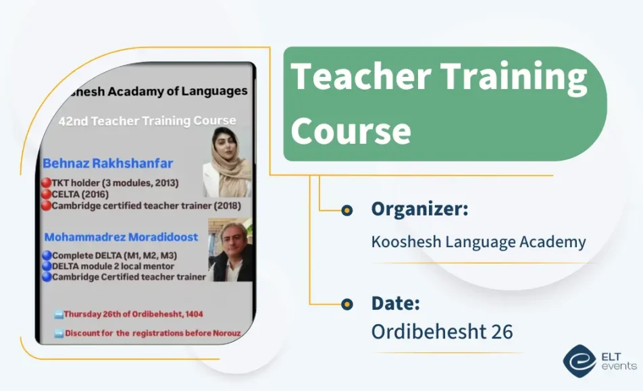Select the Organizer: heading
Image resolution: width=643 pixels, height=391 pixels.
click(419, 209)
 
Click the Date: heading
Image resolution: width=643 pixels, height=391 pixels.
click(396, 303)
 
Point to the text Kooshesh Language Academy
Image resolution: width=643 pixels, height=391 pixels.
click(478, 242)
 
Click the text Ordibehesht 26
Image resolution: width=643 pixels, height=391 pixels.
click(442, 332)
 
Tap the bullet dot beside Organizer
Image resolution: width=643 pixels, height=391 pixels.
click(346, 211)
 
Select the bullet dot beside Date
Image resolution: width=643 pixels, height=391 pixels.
click(346, 305)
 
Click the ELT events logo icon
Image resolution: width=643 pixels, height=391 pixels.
click(580, 361)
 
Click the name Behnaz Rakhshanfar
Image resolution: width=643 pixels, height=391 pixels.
click(108, 163)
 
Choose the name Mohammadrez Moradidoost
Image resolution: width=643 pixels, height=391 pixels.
click(122, 237)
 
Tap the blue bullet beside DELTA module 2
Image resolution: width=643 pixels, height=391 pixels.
click(46, 266)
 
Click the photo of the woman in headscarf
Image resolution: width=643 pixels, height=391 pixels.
click(227, 162)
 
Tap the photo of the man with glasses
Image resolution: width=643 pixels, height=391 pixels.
click(230, 251)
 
